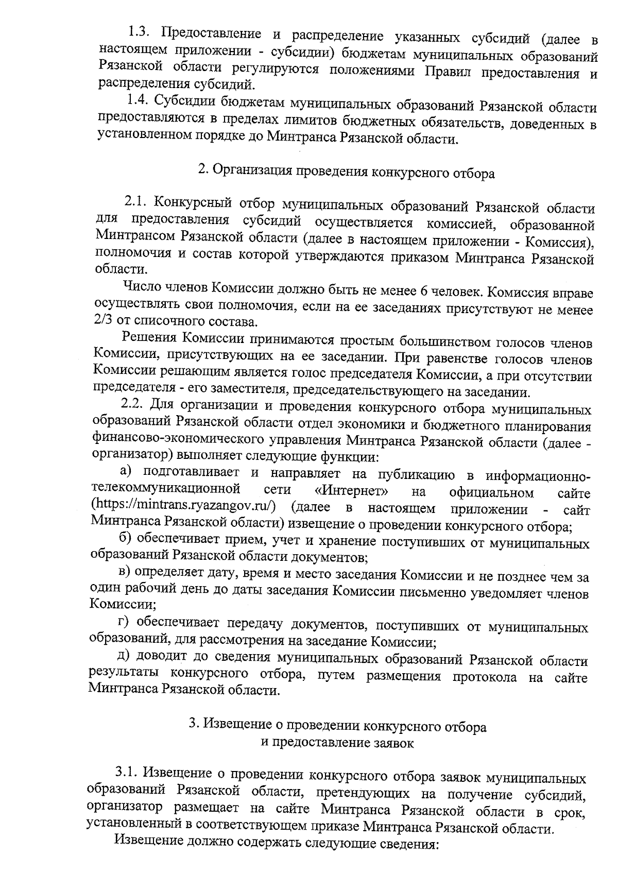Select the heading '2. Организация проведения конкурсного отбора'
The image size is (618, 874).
point(346,172)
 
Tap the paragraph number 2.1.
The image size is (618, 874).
point(135,200)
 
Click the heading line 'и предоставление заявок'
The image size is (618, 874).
point(337,743)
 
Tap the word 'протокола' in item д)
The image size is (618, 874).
point(485,676)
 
